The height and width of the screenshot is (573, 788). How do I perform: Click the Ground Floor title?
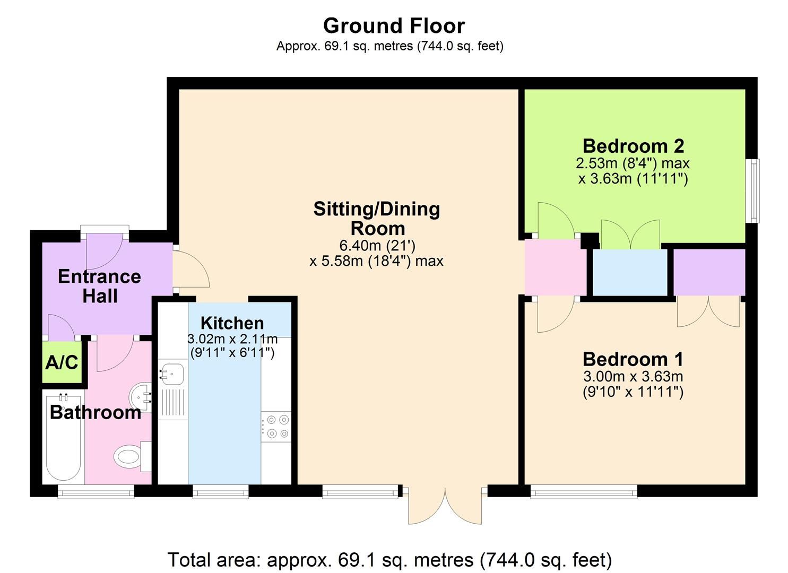[394, 25]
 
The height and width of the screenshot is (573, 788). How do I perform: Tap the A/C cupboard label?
[62, 363]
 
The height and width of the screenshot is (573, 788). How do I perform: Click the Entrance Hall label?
[99, 286]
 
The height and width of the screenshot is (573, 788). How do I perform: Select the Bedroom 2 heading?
[633, 145]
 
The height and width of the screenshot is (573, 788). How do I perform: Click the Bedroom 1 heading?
[633, 359]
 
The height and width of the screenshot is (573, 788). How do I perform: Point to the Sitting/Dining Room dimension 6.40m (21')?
[377, 246]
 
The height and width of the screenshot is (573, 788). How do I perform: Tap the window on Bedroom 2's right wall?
[752, 190]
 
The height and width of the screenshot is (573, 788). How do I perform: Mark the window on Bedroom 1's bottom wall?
[584, 493]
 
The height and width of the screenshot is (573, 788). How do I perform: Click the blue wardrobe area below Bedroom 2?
[629, 272]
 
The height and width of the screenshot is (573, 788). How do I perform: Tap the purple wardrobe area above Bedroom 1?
[709, 272]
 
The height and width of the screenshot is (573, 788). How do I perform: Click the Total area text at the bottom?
[389, 560]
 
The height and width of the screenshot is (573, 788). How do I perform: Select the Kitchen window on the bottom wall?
[221, 493]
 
